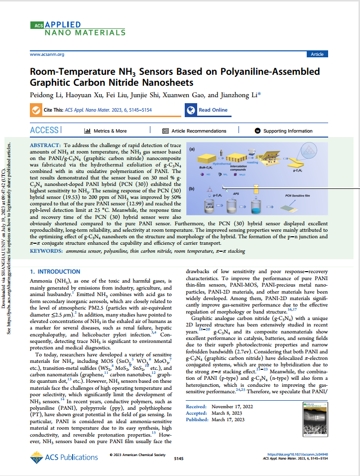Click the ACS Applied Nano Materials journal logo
pos(78,29)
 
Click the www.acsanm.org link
pos(47,54)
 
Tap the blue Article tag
pos(317,54)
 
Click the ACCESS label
pos(45,131)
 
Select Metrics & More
pos(106,131)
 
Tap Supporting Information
pos(284,131)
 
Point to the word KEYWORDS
pos(47,252)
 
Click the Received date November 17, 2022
pos(232,406)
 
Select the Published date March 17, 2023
pos(228,420)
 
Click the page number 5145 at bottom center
pos(179,458)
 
